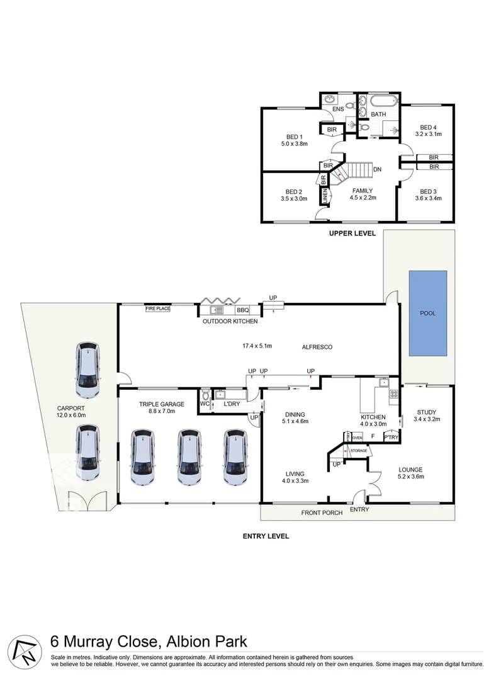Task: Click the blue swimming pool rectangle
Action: click(x=427, y=313)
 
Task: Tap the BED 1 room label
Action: click(x=295, y=137)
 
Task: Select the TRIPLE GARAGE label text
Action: click(x=162, y=396)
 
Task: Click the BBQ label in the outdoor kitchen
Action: click(x=243, y=310)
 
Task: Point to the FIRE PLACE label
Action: click(x=158, y=309)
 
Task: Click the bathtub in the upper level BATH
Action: click(x=383, y=101)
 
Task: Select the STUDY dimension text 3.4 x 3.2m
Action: click(x=427, y=420)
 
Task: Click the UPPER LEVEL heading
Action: click(x=352, y=233)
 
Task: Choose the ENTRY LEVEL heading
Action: click(x=266, y=536)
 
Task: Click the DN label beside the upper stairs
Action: click(x=377, y=169)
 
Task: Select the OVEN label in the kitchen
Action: click(x=358, y=437)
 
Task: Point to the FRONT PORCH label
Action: click(x=322, y=513)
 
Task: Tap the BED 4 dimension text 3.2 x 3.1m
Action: click(x=428, y=134)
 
